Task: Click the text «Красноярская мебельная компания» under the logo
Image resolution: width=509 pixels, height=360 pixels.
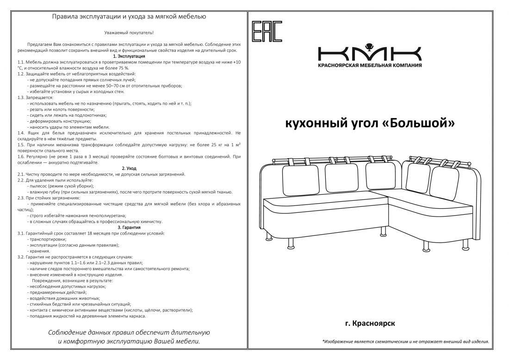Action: (x=369, y=65)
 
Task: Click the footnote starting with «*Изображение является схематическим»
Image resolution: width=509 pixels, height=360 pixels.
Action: (x=405, y=341)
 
